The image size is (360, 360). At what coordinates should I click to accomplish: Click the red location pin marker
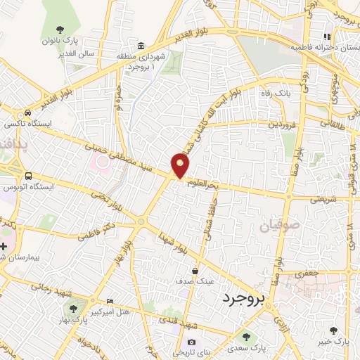coord(181,166)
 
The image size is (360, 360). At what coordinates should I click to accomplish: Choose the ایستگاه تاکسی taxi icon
coord(27,113)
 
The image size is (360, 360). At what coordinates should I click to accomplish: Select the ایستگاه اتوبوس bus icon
coord(28,176)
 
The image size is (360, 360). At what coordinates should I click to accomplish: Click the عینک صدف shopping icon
coord(195,269)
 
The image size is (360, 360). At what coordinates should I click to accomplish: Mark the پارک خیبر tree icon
coord(333,330)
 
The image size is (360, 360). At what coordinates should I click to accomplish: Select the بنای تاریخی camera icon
coord(191,342)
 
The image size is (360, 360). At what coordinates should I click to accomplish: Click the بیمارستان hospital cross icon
coord(6,247)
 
